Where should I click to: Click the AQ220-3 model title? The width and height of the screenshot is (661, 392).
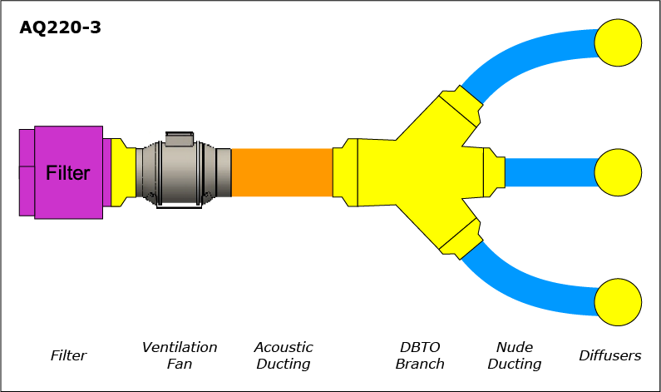[61, 27]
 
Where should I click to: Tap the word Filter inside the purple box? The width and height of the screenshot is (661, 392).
[68, 173]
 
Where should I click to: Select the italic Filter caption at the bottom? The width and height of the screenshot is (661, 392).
[68, 355]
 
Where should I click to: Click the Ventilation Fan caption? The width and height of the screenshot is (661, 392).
[180, 355]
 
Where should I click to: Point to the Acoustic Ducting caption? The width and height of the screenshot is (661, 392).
[284, 355]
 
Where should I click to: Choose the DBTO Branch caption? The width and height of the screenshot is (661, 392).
[420, 355]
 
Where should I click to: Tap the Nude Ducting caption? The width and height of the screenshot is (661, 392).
[515, 355]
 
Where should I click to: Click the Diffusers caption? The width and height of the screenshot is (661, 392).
[610, 355]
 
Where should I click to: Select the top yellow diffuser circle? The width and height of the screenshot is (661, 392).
[618, 42]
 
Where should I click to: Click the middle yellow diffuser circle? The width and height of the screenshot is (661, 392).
[618, 172]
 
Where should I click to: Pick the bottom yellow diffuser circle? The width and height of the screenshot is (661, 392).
[618, 302]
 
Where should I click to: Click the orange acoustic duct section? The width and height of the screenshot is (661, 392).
[282, 172]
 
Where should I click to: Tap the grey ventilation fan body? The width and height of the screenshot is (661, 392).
[184, 172]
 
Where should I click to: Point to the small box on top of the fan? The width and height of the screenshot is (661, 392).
[180, 139]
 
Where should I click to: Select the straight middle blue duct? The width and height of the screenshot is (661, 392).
[550, 172]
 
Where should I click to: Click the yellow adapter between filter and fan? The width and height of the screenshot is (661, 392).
[123, 172]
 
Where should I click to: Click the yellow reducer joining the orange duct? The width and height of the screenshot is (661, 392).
[345, 172]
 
